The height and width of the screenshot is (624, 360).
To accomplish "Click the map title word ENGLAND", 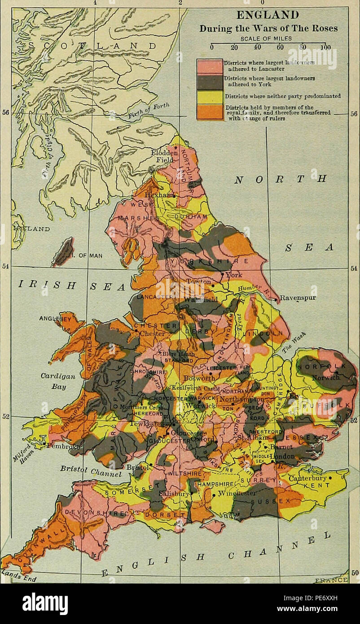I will [268, 16].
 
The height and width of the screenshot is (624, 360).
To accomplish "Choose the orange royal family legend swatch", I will [210, 112].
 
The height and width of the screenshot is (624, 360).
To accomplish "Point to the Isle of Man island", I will [62, 252].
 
